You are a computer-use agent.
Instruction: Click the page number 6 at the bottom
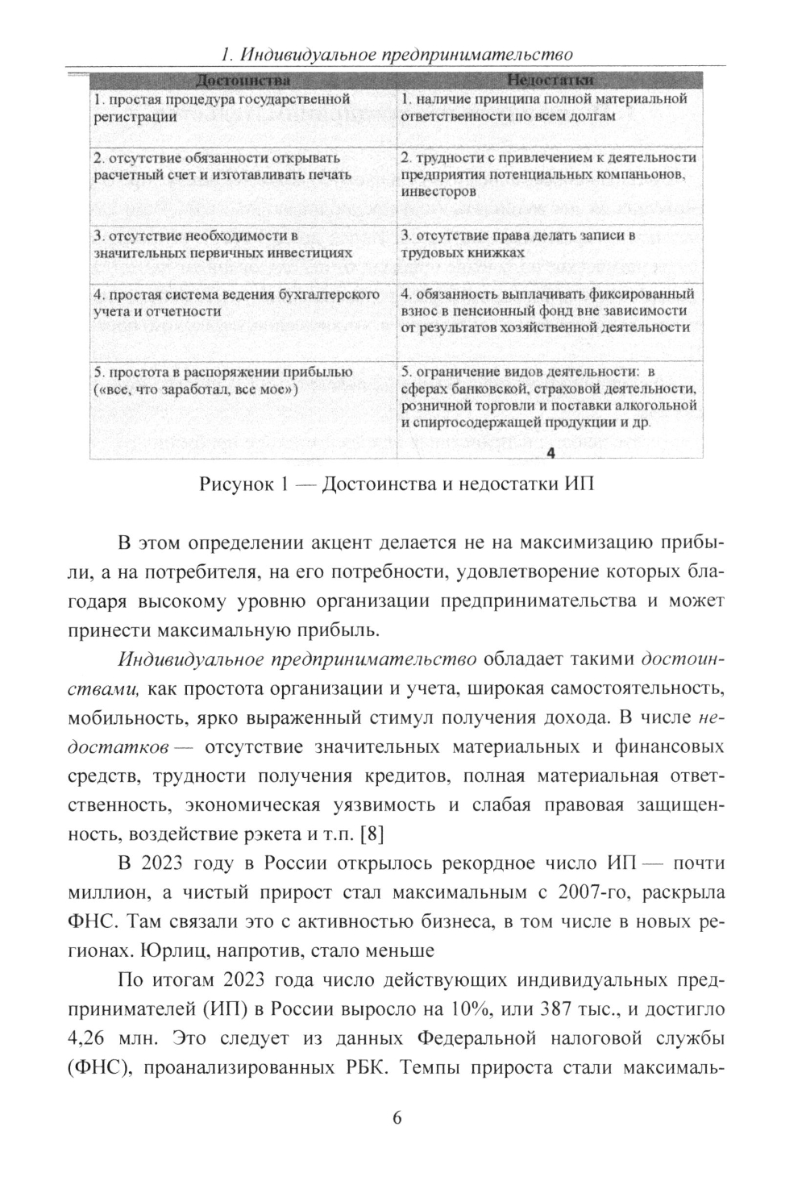[397, 1117]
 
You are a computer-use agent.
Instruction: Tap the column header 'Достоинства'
[243, 81]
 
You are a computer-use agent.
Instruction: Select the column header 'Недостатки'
[551, 81]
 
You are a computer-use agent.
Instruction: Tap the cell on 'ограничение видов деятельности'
[548, 397]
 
